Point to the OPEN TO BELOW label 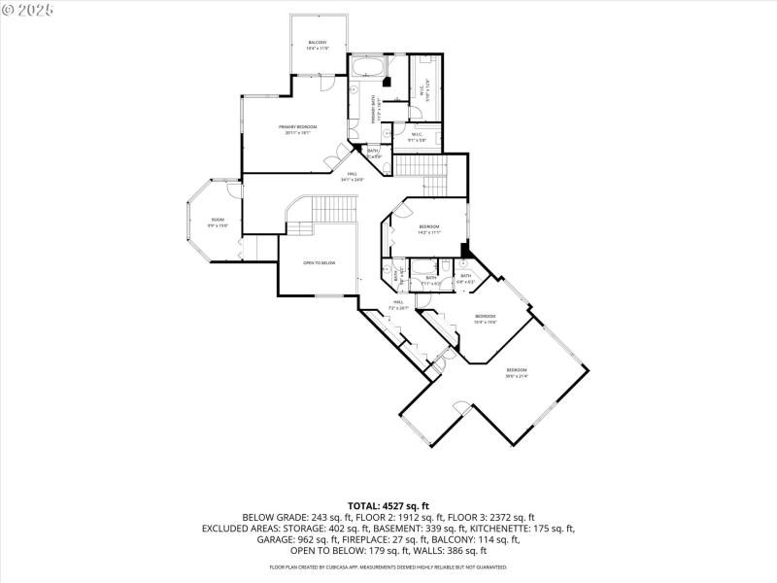coord(319,263)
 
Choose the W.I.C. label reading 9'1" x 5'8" coord(418,137)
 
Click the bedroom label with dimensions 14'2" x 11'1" coord(429,229)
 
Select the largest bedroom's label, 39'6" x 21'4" coord(516,372)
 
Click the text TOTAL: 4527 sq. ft coord(388,506)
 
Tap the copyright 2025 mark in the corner coord(28,9)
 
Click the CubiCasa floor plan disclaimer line coord(388,566)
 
